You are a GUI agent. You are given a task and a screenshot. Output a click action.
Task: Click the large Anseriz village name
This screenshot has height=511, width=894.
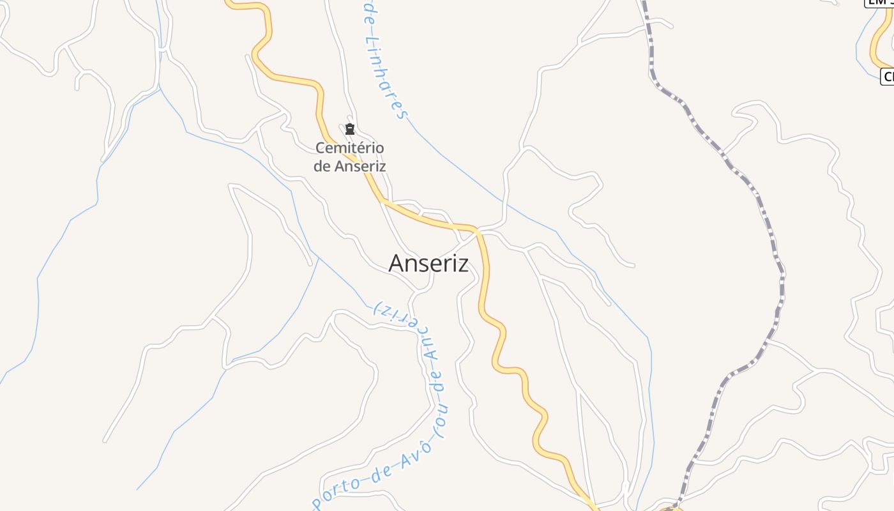tap(428, 263)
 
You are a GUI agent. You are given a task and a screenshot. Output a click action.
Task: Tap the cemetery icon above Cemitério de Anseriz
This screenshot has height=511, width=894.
tap(349, 130)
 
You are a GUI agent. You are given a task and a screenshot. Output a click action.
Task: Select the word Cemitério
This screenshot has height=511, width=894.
tap(350, 148)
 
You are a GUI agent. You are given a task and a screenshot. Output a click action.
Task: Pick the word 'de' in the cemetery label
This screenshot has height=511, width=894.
tap(322, 166)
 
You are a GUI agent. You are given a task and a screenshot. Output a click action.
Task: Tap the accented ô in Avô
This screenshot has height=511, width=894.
tap(426, 446)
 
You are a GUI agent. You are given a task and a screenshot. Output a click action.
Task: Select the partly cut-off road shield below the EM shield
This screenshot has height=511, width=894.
tap(888, 77)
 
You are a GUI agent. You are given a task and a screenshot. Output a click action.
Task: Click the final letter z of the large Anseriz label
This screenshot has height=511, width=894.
tap(462, 264)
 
